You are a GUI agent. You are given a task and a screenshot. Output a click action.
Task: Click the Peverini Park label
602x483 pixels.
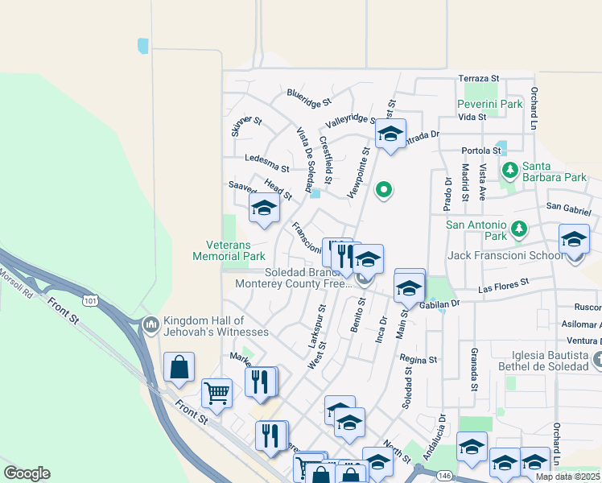click(489, 104)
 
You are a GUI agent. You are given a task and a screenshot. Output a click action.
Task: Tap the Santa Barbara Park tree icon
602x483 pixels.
click(509, 170)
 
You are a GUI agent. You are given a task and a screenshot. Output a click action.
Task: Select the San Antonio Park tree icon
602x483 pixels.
click(520, 229)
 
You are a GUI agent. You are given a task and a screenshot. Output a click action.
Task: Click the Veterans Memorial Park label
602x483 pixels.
click(229, 250)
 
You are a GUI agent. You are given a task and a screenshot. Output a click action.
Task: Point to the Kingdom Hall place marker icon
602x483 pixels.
click(150, 324)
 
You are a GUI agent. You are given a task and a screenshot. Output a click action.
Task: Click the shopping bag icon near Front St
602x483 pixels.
click(179, 366)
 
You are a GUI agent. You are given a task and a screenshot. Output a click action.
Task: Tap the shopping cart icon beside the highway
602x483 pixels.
click(216, 393)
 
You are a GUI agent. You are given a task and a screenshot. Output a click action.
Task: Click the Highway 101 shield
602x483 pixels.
click(90, 301)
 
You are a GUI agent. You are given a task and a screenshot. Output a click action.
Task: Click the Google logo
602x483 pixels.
click(27, 473)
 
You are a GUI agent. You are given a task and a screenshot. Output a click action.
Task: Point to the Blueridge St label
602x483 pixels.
click(308, 99)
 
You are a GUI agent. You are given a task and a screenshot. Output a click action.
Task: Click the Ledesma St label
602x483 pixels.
click(266, 163)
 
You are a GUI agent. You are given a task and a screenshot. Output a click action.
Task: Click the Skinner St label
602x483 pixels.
click(245, 126)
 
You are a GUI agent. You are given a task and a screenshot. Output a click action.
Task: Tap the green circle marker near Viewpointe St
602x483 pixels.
click(385, 190)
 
